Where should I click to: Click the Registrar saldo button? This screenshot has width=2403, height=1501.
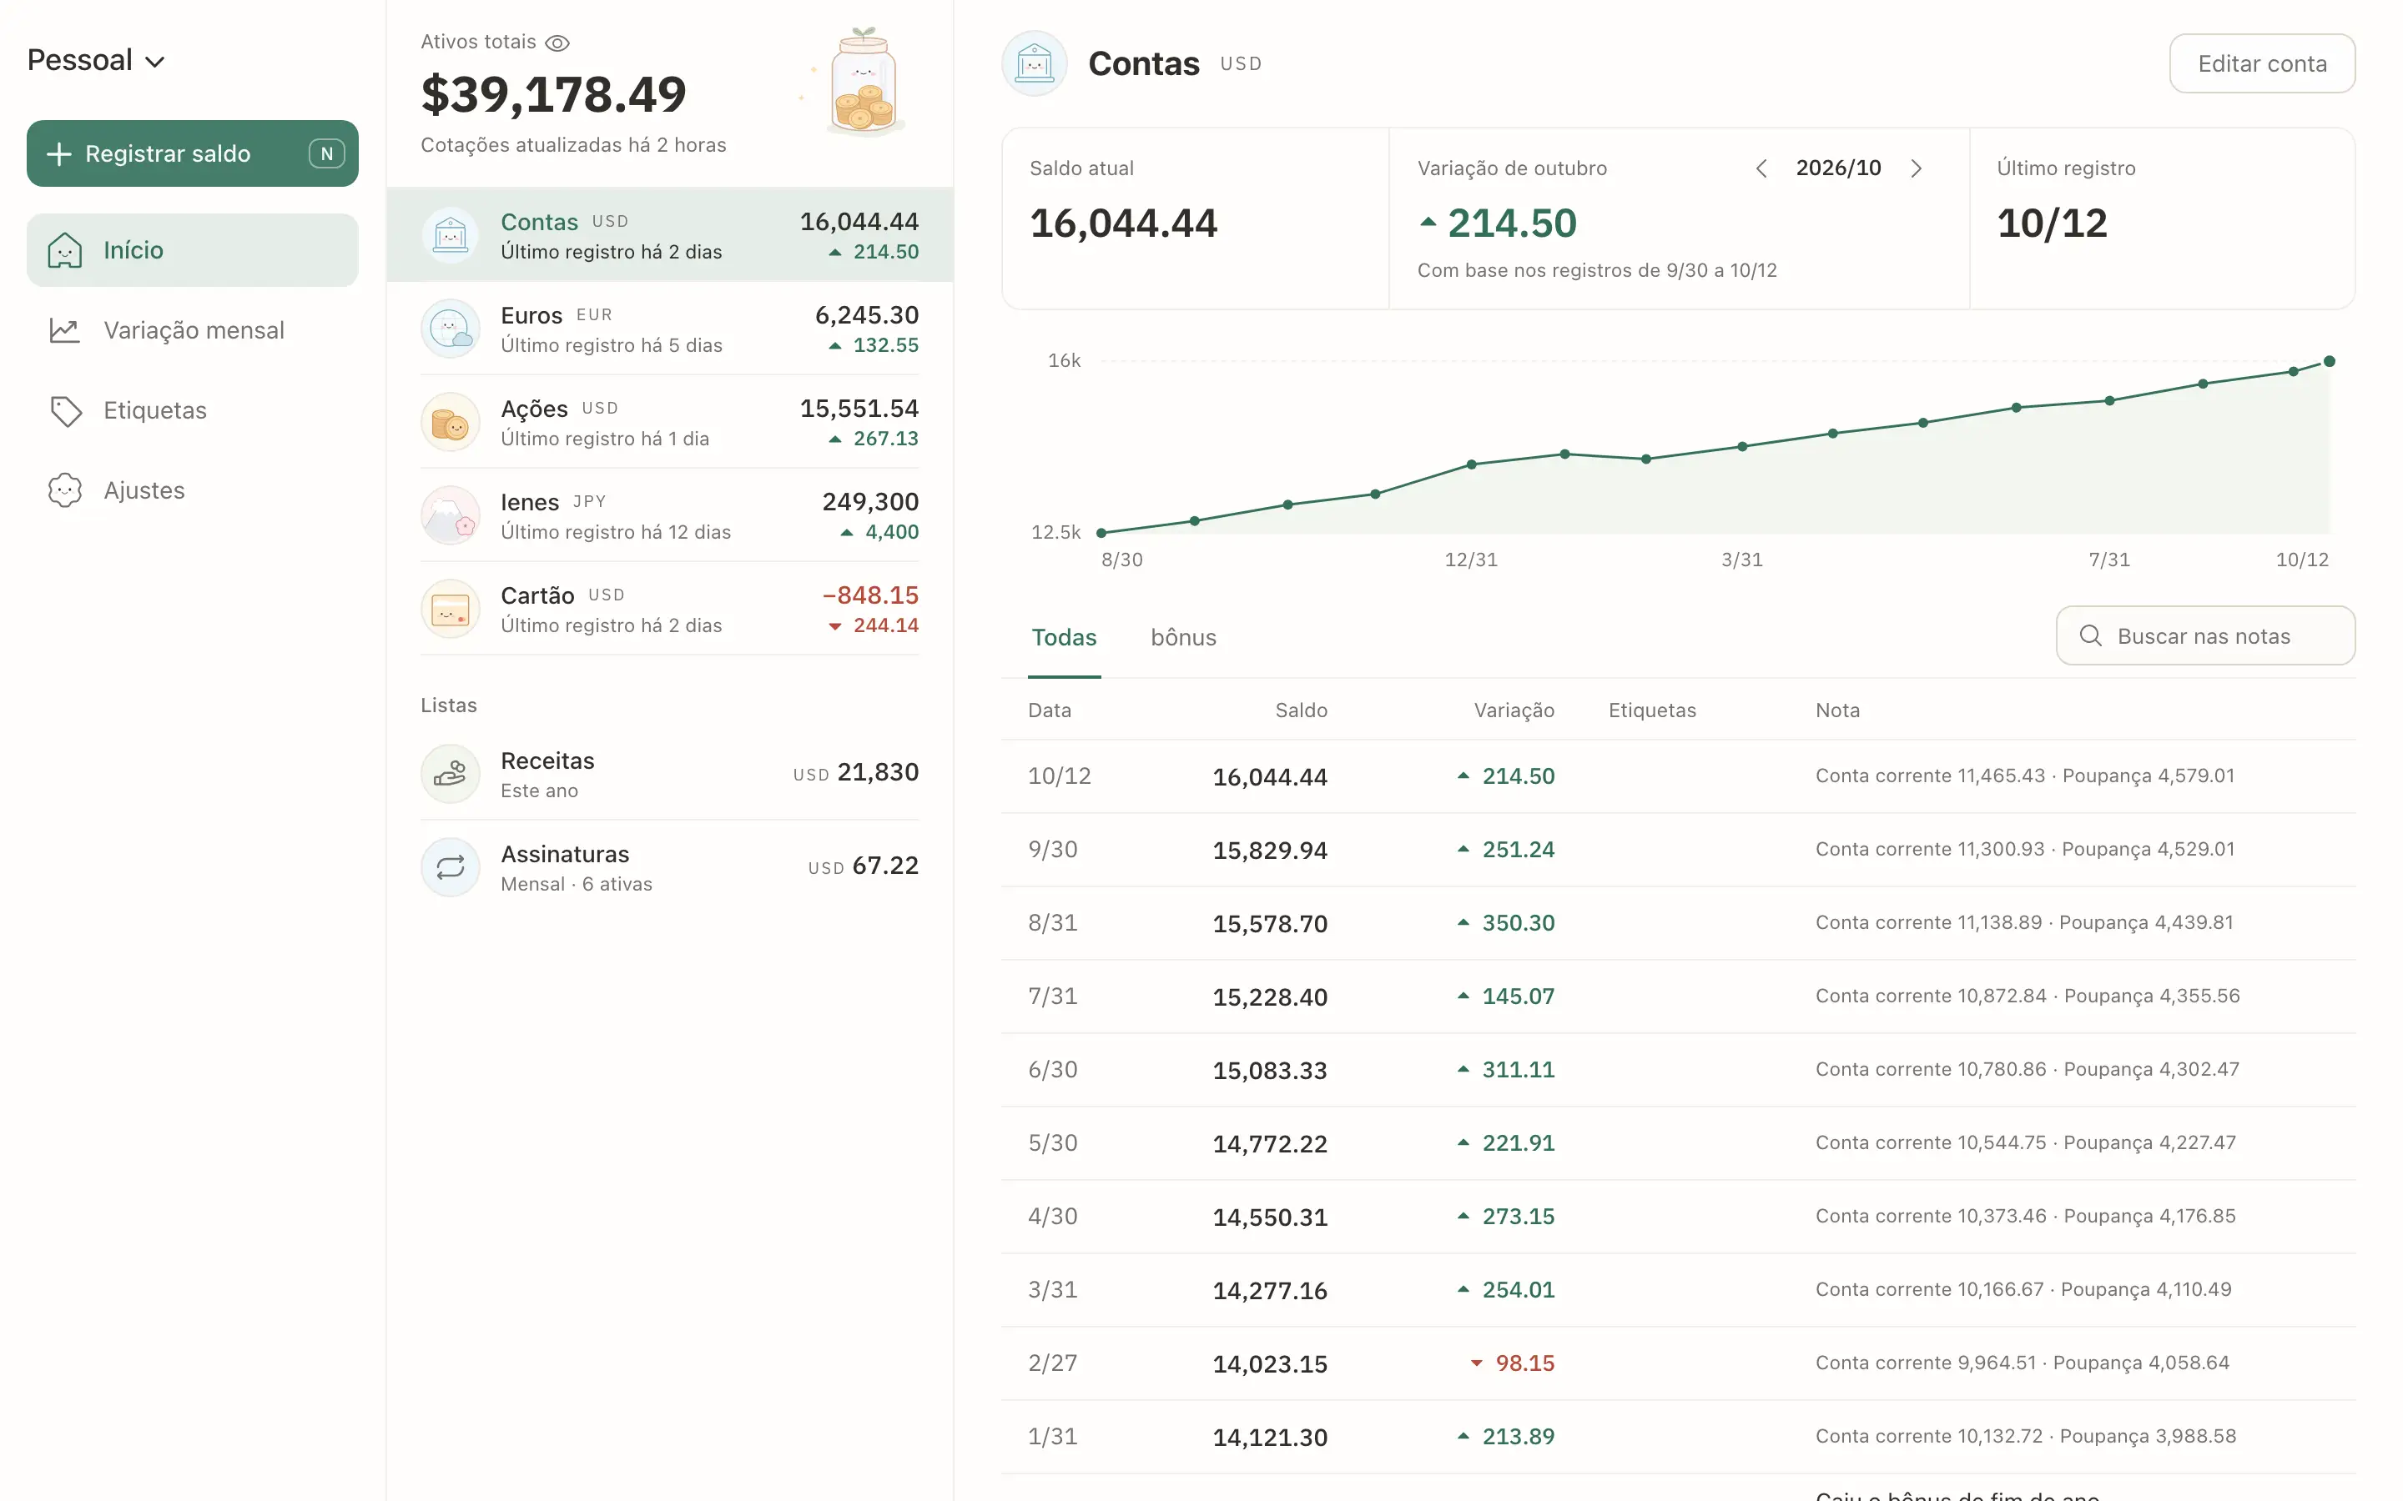(x=192, y=154)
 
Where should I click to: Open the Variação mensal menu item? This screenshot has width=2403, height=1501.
(x=193, y=330)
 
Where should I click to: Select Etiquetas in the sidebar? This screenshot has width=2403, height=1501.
(x=155, y=411)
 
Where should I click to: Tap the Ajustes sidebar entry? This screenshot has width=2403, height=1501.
(x=144, y=490)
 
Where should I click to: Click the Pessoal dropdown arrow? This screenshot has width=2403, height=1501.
(x=155, y=62)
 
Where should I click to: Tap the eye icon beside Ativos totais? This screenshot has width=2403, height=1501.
(x=557, y=43)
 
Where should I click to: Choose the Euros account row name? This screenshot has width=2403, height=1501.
(x=531, y=316)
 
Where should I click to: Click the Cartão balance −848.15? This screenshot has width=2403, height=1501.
(x=870, y=595)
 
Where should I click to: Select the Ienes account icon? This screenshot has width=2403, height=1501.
(x=451, y=515)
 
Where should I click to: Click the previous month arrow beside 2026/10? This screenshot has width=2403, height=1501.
(x=1761, y=168)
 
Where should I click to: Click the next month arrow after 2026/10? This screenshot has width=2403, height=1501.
(x=1917, y=168)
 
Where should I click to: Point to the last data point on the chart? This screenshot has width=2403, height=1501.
(x=2330, y=361)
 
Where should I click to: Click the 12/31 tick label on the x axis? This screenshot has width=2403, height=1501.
(x=1471, y=560)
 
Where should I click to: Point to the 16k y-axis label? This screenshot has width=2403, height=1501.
(x=1065, y=360)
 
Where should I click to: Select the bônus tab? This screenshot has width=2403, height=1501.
(x=1184, y=637)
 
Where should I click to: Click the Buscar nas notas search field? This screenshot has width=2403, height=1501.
(x=2205, y=636)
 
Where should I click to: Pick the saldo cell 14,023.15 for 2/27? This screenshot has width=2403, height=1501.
(x=1270, y=1364)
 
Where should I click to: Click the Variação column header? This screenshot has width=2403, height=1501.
(x=1514, y=710)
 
